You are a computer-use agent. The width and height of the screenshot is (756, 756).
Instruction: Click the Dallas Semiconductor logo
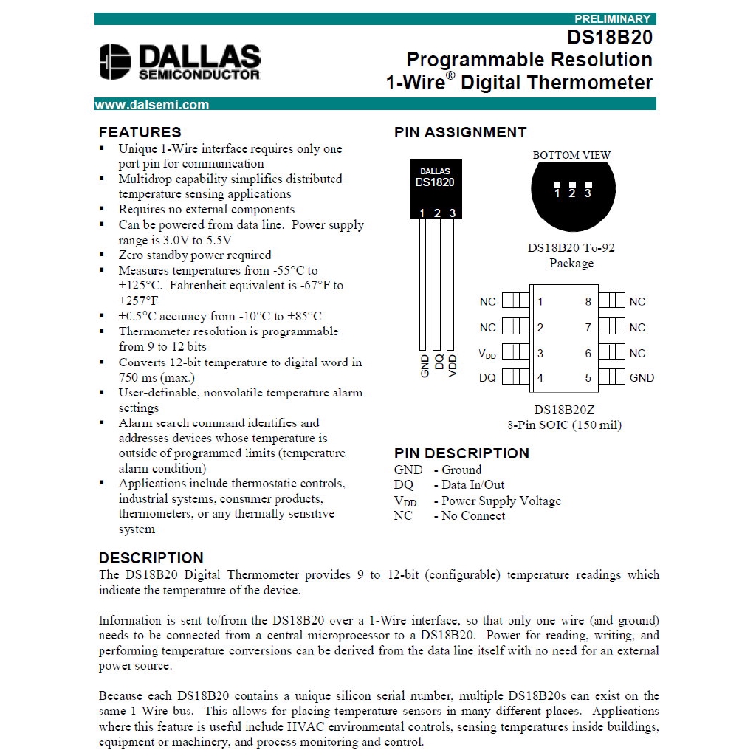179,62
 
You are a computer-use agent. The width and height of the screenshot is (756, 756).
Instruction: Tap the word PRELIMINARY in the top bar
612,19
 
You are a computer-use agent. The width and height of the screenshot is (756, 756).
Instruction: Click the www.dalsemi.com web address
152,105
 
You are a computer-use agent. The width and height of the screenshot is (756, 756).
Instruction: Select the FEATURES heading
140,133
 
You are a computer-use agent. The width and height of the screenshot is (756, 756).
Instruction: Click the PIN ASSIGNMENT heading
460,133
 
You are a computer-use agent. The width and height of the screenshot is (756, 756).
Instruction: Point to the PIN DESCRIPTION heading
461,453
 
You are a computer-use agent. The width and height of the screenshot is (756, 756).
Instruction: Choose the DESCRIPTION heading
151,558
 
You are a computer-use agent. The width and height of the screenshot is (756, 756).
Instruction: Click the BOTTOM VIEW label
571,155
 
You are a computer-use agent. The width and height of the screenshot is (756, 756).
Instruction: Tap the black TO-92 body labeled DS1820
436,188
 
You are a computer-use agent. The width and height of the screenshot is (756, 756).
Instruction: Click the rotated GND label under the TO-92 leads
425,366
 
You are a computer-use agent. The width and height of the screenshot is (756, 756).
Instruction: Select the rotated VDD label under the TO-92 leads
453,366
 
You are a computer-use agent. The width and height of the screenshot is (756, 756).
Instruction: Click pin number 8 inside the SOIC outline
588,301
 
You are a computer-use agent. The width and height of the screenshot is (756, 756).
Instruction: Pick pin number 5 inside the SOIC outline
588,377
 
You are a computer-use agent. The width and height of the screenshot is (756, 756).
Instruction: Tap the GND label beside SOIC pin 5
642,377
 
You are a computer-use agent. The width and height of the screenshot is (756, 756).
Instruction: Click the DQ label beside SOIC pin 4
487,377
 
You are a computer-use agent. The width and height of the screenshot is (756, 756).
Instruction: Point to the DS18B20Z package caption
565,410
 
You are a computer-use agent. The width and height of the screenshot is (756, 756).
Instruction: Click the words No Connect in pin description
473,515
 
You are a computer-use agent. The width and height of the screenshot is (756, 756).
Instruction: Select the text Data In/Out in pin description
473,485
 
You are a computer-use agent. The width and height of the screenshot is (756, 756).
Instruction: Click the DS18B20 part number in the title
610,37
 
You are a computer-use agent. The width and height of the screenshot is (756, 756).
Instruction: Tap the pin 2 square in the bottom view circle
572,185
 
